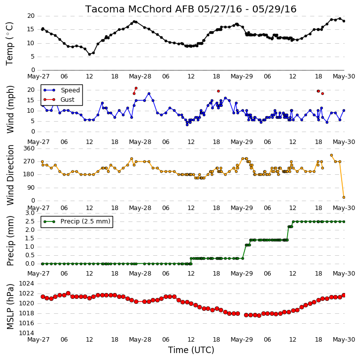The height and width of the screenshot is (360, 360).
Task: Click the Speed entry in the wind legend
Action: [x=62, y=90]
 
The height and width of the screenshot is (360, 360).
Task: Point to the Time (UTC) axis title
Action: [x=191, y=350]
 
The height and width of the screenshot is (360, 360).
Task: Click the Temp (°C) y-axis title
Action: [x=9, y=44]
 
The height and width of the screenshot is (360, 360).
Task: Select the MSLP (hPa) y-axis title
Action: [x=10, y=307]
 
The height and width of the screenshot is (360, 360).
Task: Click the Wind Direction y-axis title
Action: [x=10, y=175]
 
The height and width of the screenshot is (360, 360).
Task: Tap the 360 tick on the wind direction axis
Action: [x=29, y=148]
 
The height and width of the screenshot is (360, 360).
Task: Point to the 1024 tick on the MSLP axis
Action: [x=26, y=284]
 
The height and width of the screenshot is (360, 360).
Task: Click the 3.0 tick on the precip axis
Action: [x=30, y=213]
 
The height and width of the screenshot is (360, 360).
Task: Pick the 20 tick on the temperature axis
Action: [x=31, y=16]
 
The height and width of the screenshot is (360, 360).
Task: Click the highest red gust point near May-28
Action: [x=136, y=88]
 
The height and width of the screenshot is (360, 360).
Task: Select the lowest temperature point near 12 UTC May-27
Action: [x=90, y=54]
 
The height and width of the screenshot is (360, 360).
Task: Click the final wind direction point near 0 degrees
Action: [x=344, y=197]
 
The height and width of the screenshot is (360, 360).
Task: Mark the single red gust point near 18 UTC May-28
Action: [x=218, y=91]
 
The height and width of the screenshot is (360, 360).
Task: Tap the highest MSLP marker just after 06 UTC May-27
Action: [x=68, y=293]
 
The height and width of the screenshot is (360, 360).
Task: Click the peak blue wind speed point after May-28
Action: [x=149, y=93]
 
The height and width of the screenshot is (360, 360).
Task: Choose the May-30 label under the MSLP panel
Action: [x=344, y=340]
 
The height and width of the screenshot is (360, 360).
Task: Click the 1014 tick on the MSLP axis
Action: [x=26, y=333]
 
